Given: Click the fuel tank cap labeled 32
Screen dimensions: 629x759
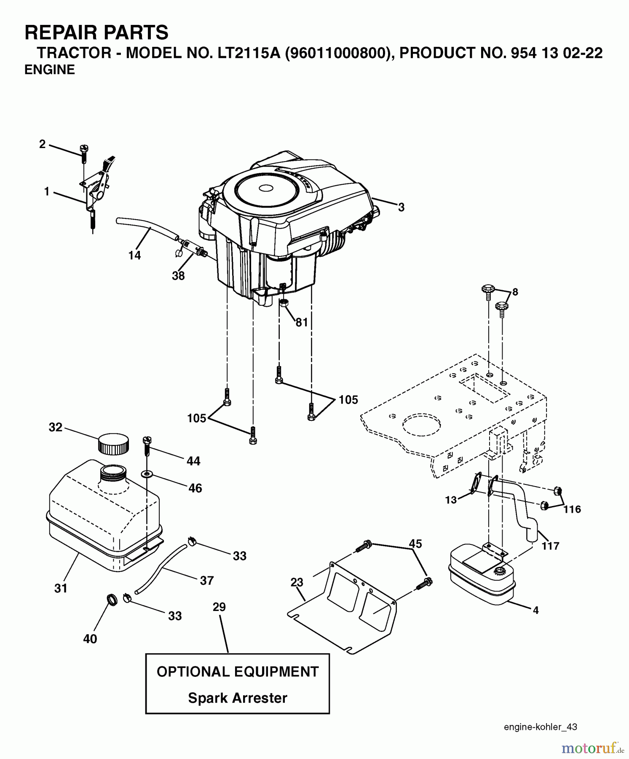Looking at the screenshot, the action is pos(113,444).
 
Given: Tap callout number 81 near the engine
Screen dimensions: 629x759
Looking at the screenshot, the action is pos(302,322).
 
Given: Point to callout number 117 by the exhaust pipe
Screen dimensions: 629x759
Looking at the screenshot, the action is pos(550,546).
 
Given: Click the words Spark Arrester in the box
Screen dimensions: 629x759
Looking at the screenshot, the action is pos(238,698).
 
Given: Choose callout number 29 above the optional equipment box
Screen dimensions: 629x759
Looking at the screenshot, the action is pos(219,607).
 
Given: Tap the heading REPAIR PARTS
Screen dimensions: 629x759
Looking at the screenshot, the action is pos(96,32).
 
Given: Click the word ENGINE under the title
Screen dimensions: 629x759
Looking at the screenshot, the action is pos(50,70).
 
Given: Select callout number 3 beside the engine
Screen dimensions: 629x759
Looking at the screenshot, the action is pos(401,207).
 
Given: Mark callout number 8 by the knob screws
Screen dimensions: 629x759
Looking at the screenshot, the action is pos(515,292).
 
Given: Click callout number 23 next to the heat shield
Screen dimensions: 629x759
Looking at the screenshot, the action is pos(297,582).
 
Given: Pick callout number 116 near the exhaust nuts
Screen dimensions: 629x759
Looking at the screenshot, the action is pos(572,509).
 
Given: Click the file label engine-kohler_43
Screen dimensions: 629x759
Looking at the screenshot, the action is pos(541,727).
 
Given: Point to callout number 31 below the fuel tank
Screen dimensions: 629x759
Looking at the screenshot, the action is pos(61,588).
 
